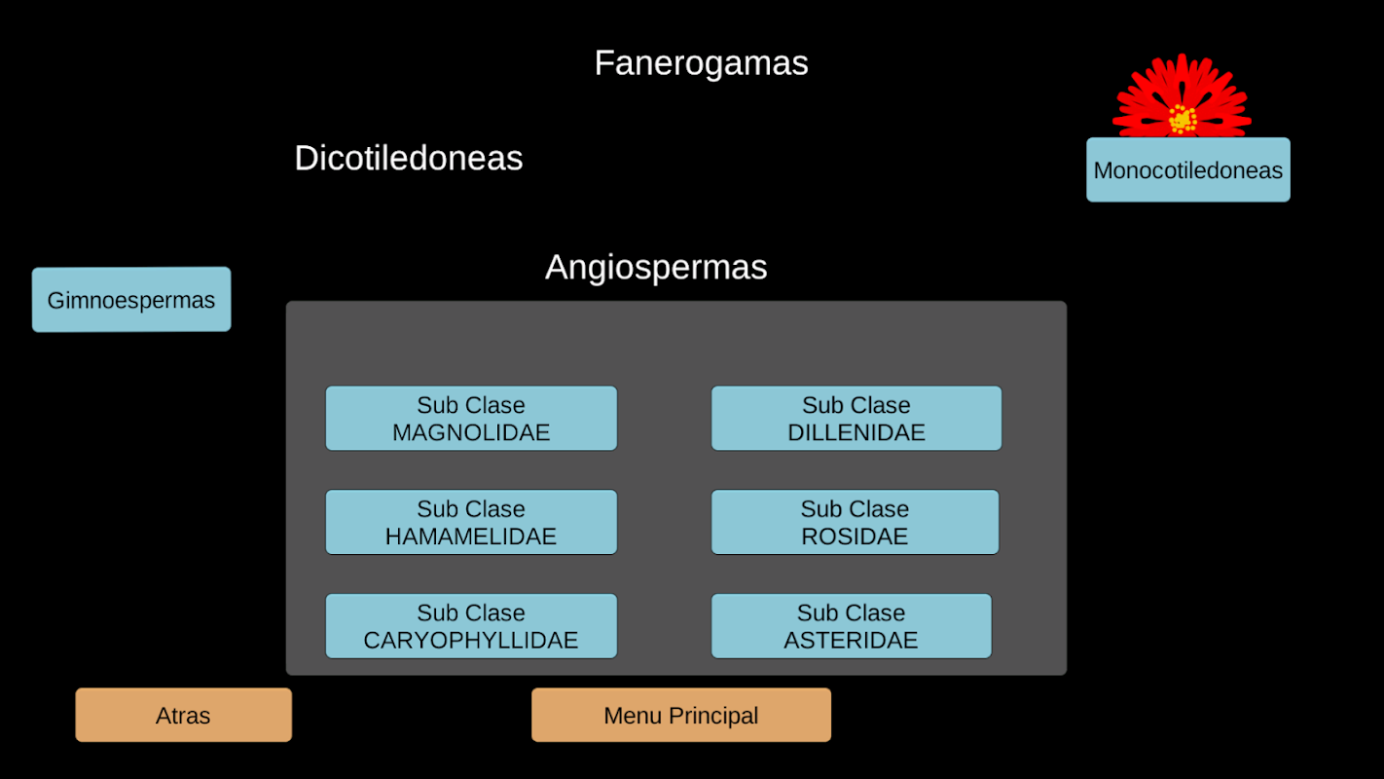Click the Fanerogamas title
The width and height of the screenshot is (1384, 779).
coord(701,63)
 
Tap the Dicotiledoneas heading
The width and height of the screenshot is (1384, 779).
coord(409,158)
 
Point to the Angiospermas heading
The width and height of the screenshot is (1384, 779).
coord(656,267)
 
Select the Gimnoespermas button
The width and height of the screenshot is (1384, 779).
coord(131,300)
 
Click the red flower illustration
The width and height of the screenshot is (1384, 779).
coord(1182,96)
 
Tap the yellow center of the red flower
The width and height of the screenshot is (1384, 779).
coord(1183,119)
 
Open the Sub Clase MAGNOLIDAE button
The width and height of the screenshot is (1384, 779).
coord(471,419)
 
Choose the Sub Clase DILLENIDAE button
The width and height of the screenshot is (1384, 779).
coord(856,419)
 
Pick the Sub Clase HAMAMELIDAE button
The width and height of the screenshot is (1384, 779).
coord(471,523)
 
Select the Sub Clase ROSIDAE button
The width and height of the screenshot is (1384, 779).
coord(855,523)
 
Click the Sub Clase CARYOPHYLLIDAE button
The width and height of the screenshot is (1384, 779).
coord(471,627)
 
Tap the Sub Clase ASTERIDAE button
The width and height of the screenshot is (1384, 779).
coord(852,627)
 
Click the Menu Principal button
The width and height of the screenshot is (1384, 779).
coord(681,716)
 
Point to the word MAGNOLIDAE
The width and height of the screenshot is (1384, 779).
coord(471,432)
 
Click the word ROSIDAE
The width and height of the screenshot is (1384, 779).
coord(855,537)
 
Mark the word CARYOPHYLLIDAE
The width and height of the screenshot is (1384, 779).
coord(471,641)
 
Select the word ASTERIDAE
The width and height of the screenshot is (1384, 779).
coord(852,641)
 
